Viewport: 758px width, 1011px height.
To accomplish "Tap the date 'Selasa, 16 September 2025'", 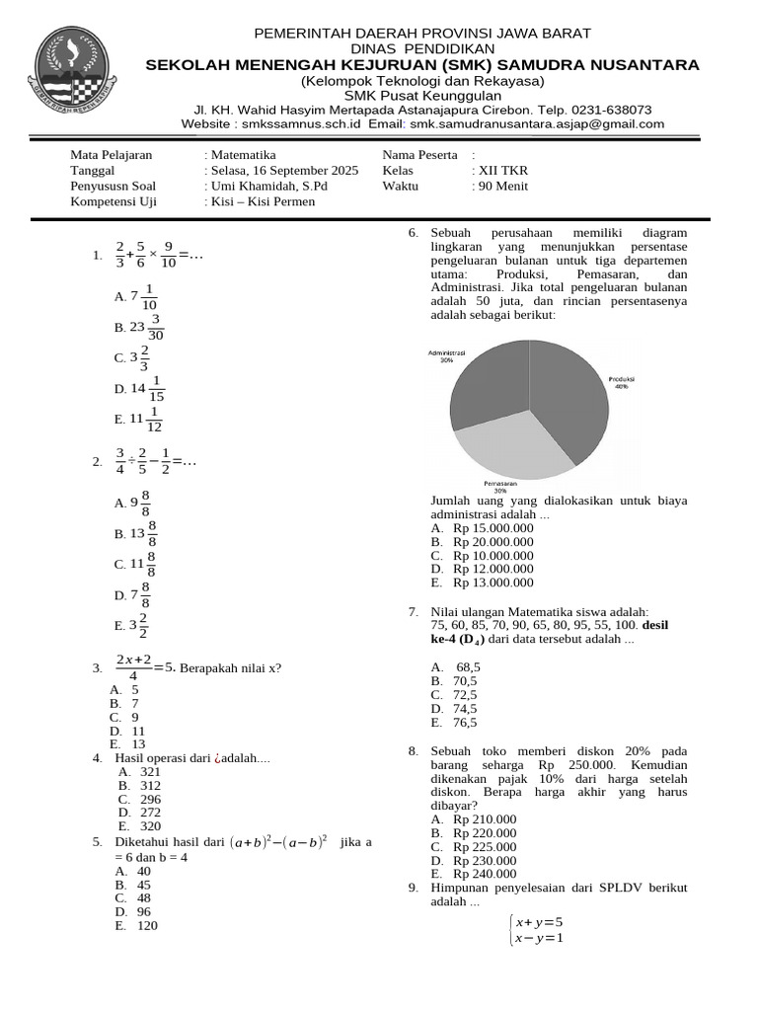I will (x=284, y=171).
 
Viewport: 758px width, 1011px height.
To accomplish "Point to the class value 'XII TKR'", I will (x=503, y=171).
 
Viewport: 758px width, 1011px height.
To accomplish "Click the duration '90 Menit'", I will (x=503, y=186).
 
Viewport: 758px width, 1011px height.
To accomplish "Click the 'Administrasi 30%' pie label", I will (x=447, y=355).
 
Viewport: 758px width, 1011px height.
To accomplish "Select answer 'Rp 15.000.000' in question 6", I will (x=493, y=528).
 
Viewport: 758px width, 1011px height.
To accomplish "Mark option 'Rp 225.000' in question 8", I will (x=485, y=847).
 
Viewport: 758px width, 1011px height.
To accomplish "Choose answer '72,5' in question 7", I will (x=465, y=695).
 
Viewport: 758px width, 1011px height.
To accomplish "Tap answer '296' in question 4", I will (x=150, y=800).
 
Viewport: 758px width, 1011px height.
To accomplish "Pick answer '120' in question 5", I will (x=148, y=926).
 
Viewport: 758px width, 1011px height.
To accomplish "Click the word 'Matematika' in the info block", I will (x=243, y=156).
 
